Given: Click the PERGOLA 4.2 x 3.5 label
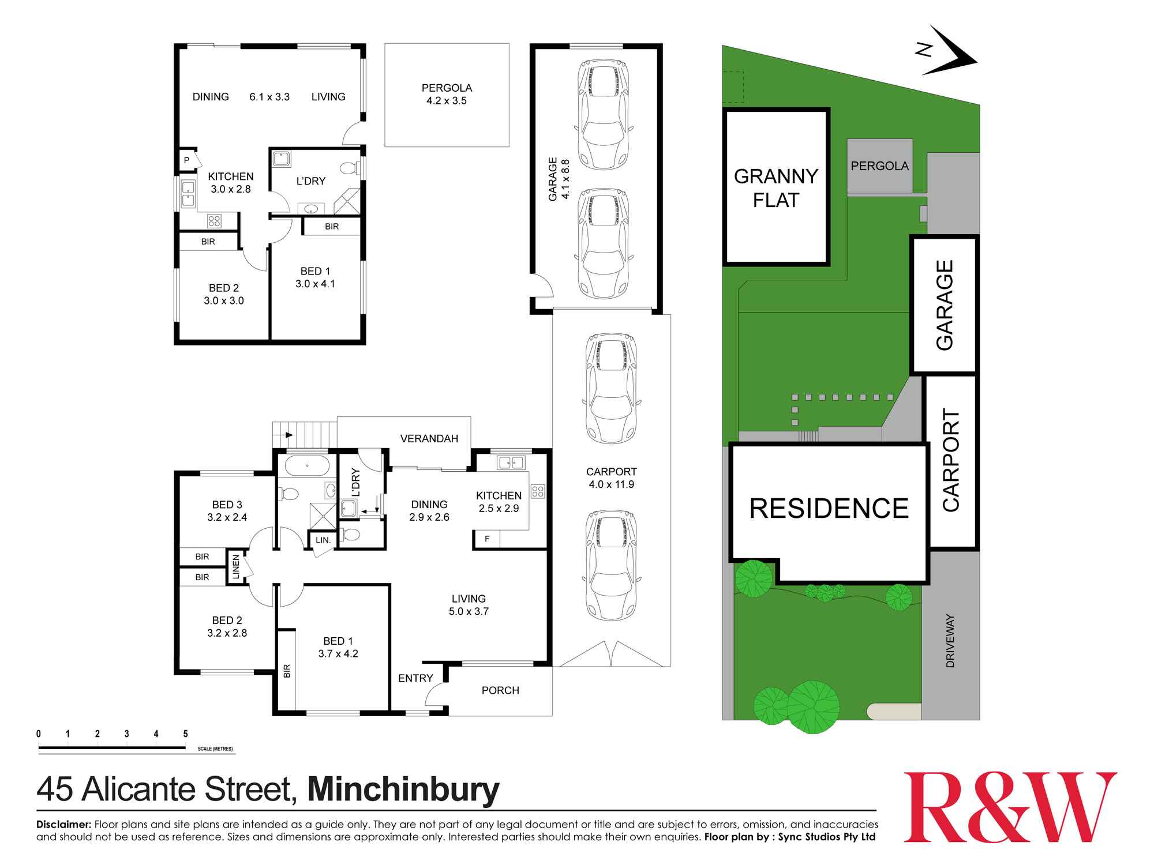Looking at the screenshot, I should point(447,94).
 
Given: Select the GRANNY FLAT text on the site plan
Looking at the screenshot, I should point(775,188).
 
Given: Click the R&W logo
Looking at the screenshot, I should point(1009,807).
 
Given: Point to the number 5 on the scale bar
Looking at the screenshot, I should point(185,734).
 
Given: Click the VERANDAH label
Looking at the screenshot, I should point(429,439).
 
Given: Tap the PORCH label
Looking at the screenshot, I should point(500,690).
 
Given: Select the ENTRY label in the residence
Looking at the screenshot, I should point(415,678).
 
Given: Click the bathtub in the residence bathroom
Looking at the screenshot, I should point(306,465).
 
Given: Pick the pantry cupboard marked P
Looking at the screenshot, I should point(187,160).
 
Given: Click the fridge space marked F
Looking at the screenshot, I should point(487,539).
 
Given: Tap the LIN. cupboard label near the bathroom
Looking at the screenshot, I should point(323,540).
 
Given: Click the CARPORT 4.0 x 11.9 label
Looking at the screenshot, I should point(611,478).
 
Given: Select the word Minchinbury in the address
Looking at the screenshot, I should point(403,789).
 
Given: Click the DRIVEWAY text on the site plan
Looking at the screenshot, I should point(950,641).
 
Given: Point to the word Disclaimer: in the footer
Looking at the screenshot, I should point(63,825).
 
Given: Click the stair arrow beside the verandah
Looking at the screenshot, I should point(289,434).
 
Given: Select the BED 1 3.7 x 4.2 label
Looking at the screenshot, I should point(338,647).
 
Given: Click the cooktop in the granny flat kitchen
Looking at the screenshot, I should point(214,220).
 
